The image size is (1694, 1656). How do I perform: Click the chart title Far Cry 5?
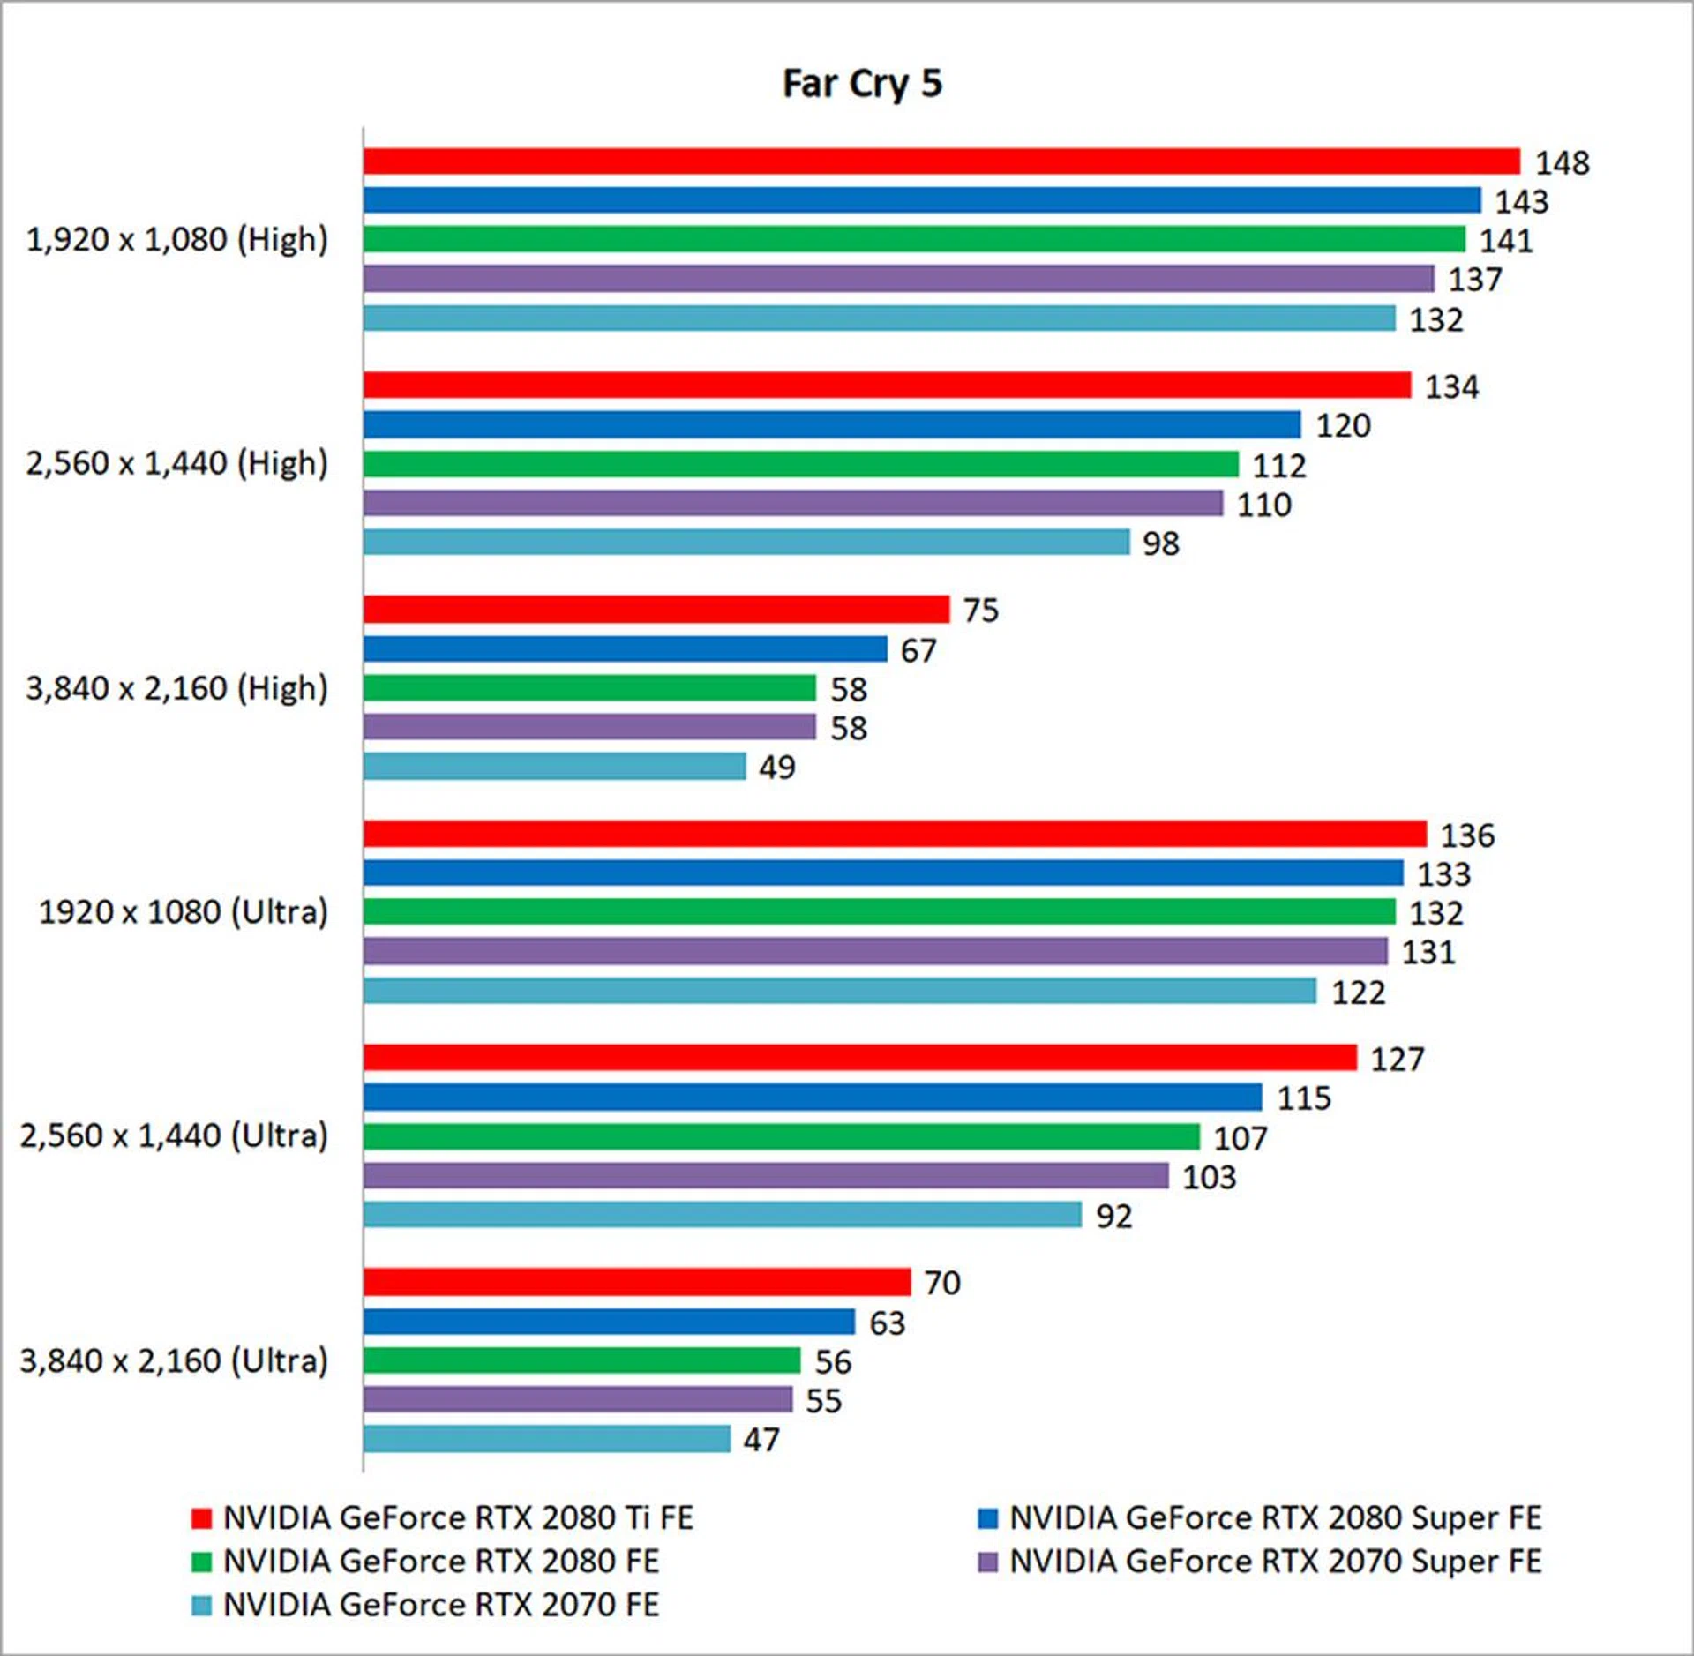862,84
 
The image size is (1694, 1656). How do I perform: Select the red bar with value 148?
941,161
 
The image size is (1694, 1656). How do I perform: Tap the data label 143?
1521,202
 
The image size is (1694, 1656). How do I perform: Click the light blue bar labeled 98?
746,542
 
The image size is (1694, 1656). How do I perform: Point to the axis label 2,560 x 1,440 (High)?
176,463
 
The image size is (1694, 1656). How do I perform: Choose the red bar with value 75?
656,610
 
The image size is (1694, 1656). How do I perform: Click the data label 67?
918,650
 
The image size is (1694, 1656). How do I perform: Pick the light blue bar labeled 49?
554,766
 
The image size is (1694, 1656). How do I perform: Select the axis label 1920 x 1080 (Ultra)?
183,911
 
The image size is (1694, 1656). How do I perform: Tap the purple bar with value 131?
874,951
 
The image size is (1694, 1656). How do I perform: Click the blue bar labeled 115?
812,1097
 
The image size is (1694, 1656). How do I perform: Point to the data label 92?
1113,1216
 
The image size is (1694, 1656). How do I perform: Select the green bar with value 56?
581,1360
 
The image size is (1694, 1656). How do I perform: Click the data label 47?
761,1440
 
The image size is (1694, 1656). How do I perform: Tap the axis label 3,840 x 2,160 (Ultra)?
174,1360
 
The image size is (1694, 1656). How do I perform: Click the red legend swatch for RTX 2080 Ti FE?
201,1518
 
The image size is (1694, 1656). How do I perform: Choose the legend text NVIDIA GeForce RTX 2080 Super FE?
1275,1517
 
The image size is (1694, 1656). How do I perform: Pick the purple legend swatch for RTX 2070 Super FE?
988,1562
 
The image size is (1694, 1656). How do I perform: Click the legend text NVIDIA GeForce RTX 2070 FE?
441,1605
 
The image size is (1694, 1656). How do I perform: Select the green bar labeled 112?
800,464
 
